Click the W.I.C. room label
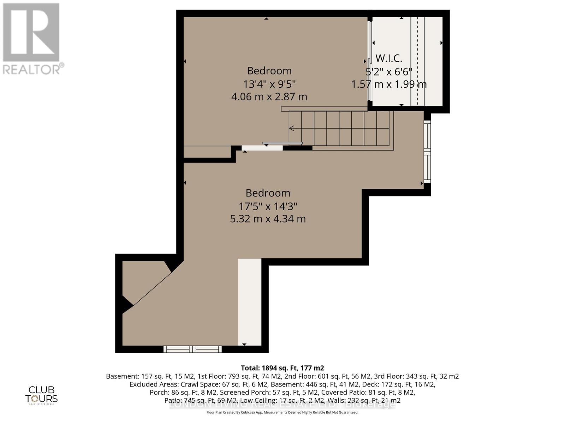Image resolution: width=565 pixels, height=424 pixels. pyautogui.click(x=388, y=58)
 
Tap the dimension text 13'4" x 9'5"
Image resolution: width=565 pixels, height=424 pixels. pyautogui.click(x=269, y=84)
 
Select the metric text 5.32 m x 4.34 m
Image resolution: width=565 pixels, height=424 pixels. pyautogui.click(x=268, y=219)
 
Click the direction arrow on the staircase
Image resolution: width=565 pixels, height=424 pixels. pyautogui.click(x=292, y=128)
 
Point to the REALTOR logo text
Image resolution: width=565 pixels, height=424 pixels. pyautogui.click(x=34, y=69)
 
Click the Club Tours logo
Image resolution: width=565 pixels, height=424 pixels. pyautogui.click(x=41, y=395)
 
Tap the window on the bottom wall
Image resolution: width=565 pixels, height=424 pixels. pyautogui.click(x=192, y=349)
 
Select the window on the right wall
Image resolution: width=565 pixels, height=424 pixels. pyautogui.click(x=427, y=152)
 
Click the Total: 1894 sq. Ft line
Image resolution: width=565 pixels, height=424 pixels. pyautogui.click(x=282, y=368)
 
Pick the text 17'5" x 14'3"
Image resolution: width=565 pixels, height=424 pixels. pyautogui.click(x=268, y=206)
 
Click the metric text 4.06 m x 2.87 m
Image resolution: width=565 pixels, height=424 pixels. pyautogui.click(x=269, y=96)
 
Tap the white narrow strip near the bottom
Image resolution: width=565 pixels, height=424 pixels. pyautogui.click(x=250, y=302)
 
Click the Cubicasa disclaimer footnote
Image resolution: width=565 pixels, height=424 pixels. pyautogui.click(x=282, y=412)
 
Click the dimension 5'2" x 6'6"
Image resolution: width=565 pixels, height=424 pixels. pyautogui.click(x=388, y=72)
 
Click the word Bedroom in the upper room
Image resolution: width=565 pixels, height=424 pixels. pyautogui.click(x=269, y=71)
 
